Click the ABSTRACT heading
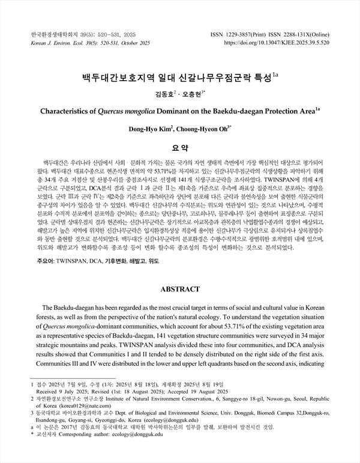pyautogui.click(x=180, y=289)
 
